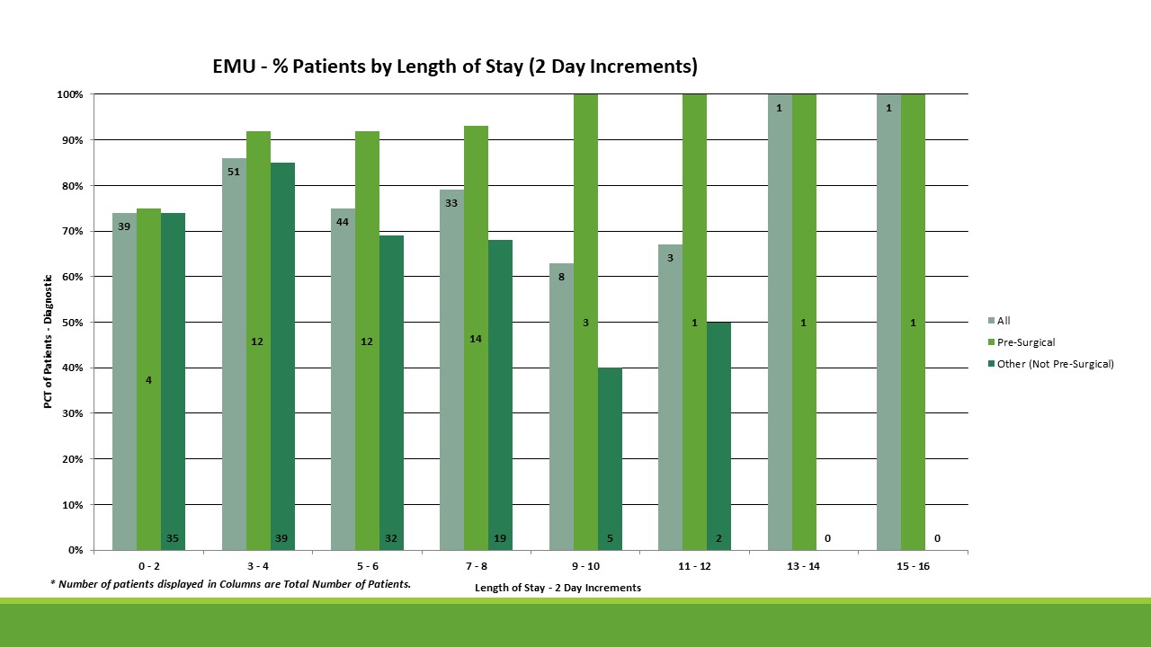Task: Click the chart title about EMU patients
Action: pyautogui.click(x=455, y=66)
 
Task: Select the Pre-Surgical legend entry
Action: pyautogui.click(x=1026, y=342)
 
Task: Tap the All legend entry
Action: pyautogui.click(x=1004, y=321)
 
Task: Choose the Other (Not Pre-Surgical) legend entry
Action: pyautogui.click(x=1055, y=364)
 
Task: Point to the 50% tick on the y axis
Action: pyautogui.click(x=72, y=323)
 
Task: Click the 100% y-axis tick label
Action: pyautogui.click(x=70, y=94)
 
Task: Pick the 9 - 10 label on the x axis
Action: pyautogui.click(x=584, y=567)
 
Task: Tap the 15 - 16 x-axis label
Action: pyautogui.click(x=913, y=567)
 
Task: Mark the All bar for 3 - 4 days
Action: pyautogui.click(x=234, y=359)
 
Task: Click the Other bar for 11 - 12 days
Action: pyautogui.click(x=718, y=431)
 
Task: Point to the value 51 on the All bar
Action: pyautogui.click(x=234, y=172)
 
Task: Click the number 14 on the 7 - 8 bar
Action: pyautogui.click(x=476, y=339)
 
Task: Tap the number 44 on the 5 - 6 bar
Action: pyautogui.click(x=343, y=221)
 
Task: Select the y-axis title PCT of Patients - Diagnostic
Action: pyautogui.click(x=49, y=341)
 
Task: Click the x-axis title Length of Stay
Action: pyautogui.click(x=558, y=588)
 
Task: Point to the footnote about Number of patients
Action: pyautogui.click(x=231, y=584)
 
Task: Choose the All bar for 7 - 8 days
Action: pyautogui.click(x=451, y=377)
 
